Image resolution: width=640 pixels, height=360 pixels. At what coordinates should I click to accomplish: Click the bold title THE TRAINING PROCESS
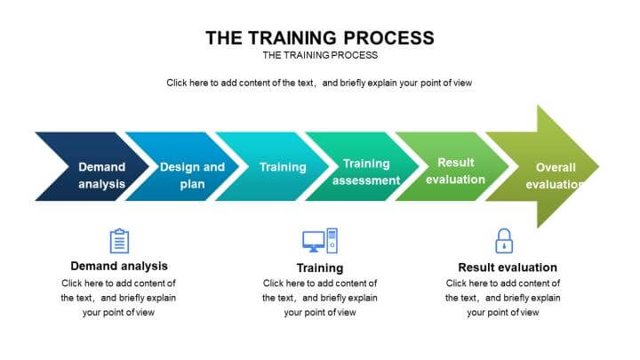click(320, 38)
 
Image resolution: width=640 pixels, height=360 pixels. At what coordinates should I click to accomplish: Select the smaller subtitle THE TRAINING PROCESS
click(320, 55)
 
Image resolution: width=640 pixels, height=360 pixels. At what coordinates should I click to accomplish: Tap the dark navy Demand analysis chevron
click(92, 166)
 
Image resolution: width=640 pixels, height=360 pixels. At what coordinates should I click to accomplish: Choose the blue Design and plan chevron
click(182, 166)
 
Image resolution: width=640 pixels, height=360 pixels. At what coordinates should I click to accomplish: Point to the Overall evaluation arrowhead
click(542, 166)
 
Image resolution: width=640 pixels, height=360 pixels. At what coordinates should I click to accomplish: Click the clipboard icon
click(119, 241)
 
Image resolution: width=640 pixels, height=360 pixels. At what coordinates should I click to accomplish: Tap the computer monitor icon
click(314, 242)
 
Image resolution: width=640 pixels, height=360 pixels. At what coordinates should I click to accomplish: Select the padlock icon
click(504, 241)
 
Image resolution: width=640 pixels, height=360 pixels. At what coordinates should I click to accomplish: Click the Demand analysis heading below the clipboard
click(119, 266)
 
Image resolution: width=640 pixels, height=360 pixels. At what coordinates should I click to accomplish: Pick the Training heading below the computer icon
click(320, 268)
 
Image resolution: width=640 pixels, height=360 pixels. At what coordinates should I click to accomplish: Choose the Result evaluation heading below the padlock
click(508, 268)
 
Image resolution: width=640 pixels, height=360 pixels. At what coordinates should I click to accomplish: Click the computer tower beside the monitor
click(332, 241)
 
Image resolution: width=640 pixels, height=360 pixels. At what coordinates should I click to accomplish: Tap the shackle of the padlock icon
click(504, 234)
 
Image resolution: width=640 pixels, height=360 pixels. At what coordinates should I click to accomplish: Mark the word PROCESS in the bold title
click(389, 38)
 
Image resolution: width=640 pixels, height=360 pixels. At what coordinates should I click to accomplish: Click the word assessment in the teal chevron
click(366, 180)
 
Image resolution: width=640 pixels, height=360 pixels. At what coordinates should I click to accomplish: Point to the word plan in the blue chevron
click(192, 185)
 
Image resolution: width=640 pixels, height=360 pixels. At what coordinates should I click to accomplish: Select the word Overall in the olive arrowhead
click(556, 167)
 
